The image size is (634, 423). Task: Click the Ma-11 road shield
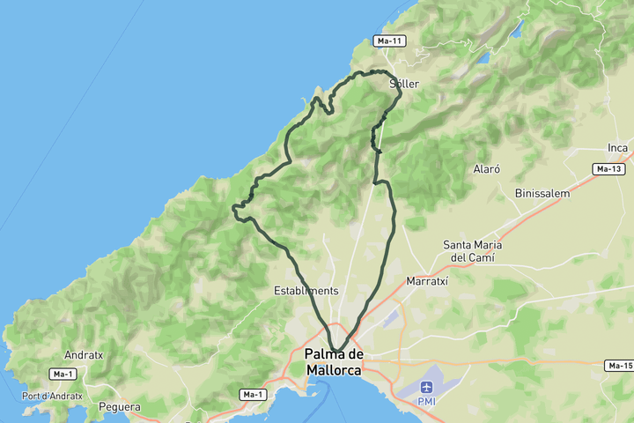tap(388, 41)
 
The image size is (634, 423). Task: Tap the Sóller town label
tap(404, 84)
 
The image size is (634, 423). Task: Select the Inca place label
tap(617, 147)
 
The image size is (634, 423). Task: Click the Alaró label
tap(487, 168)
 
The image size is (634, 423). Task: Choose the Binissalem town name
tap(543, 193)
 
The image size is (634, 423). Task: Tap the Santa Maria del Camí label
tap(473, 251)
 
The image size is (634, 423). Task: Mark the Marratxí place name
tap(427, 281)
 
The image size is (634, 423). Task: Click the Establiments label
tap(306, 290)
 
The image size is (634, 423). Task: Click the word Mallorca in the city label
tap(334, 371)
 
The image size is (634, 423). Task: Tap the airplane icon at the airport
tap(427, 387)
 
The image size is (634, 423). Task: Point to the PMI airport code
tap(427, 401)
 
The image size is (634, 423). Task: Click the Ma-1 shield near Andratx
tap(62, 375)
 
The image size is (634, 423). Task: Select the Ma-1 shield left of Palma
tap(252, 394)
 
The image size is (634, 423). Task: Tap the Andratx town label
tap(84, 355)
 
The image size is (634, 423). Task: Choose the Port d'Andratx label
tap(52, 396)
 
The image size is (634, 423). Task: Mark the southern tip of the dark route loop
tap(335, 349)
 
